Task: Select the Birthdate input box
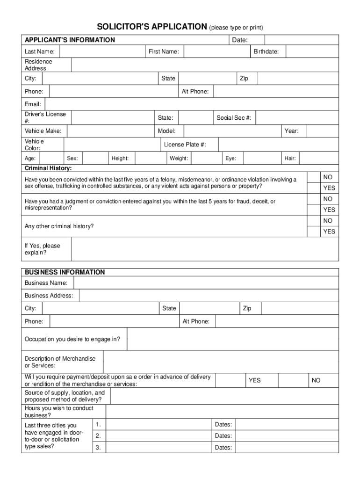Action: coord(312,51)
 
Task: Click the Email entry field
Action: coord(192,104)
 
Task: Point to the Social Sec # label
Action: coord(234,118)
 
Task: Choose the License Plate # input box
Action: coord(278,145)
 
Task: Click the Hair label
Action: coord(290,159)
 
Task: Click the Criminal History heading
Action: coord(48,168)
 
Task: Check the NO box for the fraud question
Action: coord(313,199)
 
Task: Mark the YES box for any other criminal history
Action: coord(313,231)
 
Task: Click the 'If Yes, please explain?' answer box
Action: coord(205,249)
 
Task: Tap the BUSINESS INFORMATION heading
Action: coord(65,272)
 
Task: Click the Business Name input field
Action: coord(206,283)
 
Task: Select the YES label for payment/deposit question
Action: coord(254,380)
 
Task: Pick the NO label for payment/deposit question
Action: coord(316,380)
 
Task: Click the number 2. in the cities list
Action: coord(98,436)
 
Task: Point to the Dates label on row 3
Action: coord(223,448)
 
